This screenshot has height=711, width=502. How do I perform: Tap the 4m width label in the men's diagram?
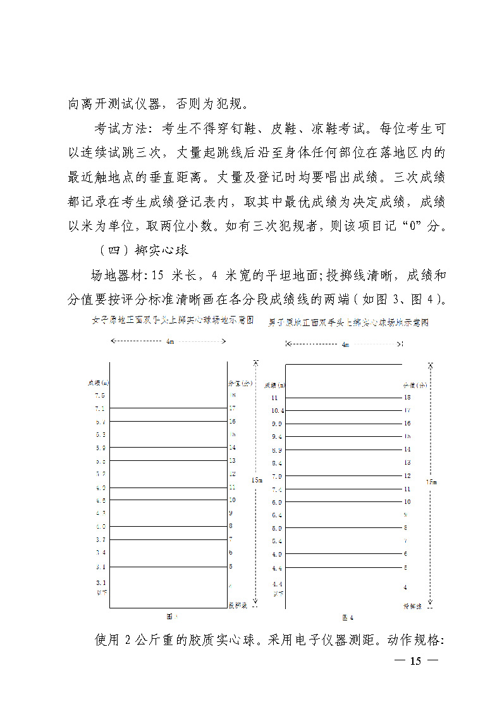345,344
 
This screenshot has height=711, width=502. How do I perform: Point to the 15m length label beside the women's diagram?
257,480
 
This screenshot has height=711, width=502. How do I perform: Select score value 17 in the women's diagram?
232,408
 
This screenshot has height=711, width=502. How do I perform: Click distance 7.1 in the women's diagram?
100,408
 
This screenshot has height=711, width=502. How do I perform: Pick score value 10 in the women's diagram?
232,500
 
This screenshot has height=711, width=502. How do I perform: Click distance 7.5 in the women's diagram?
100,395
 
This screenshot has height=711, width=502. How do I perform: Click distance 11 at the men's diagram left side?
274,398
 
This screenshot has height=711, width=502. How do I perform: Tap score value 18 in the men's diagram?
407,398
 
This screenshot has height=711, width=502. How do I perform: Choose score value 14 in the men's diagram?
407,450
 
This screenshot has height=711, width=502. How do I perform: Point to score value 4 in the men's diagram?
405,588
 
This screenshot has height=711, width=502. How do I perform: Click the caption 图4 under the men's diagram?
348,617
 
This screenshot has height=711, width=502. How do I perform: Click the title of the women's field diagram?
173,320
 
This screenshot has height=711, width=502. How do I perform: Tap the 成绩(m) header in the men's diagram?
274,385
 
